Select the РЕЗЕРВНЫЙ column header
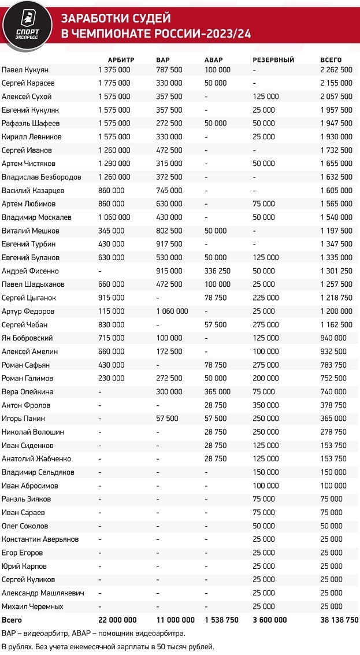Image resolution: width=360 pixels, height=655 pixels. [274, 60]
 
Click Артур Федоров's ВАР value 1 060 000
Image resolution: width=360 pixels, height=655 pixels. [172, 311]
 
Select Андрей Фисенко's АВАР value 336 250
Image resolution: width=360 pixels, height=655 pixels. [218, 271]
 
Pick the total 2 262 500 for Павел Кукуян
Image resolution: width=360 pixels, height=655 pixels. [336, 69]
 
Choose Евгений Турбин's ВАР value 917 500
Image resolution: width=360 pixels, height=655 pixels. [169, 244]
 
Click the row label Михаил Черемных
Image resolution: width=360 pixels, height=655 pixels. [32, 606]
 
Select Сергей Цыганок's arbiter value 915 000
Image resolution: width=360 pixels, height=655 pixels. [112, 298]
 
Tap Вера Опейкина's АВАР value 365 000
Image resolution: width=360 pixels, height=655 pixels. [218, 391]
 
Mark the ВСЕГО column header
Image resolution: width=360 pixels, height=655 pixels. [331, 60]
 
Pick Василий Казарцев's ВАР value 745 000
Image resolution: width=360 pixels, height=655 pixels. [169, 190]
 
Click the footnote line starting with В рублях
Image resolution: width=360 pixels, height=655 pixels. [108, 646]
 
